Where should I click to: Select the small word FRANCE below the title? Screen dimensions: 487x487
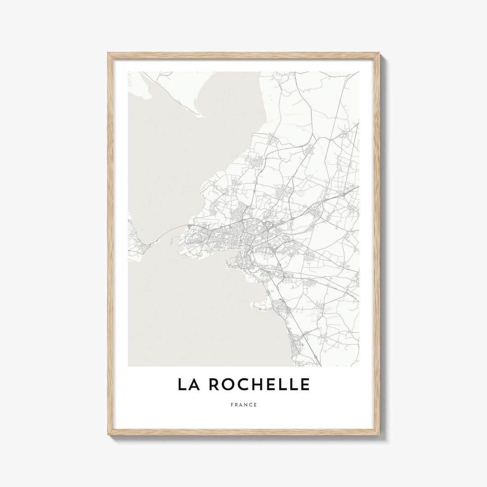(x=243, y=404)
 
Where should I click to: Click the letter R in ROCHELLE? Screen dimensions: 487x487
(x=216, y=384)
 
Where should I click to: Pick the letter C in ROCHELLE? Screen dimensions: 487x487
(x=245, y=384)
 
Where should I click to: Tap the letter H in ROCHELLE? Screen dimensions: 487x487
(x=260, y=384)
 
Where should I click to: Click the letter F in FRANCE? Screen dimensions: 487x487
(x=231, y=404)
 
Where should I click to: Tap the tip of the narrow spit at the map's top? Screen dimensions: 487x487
(x=200, y=116)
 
